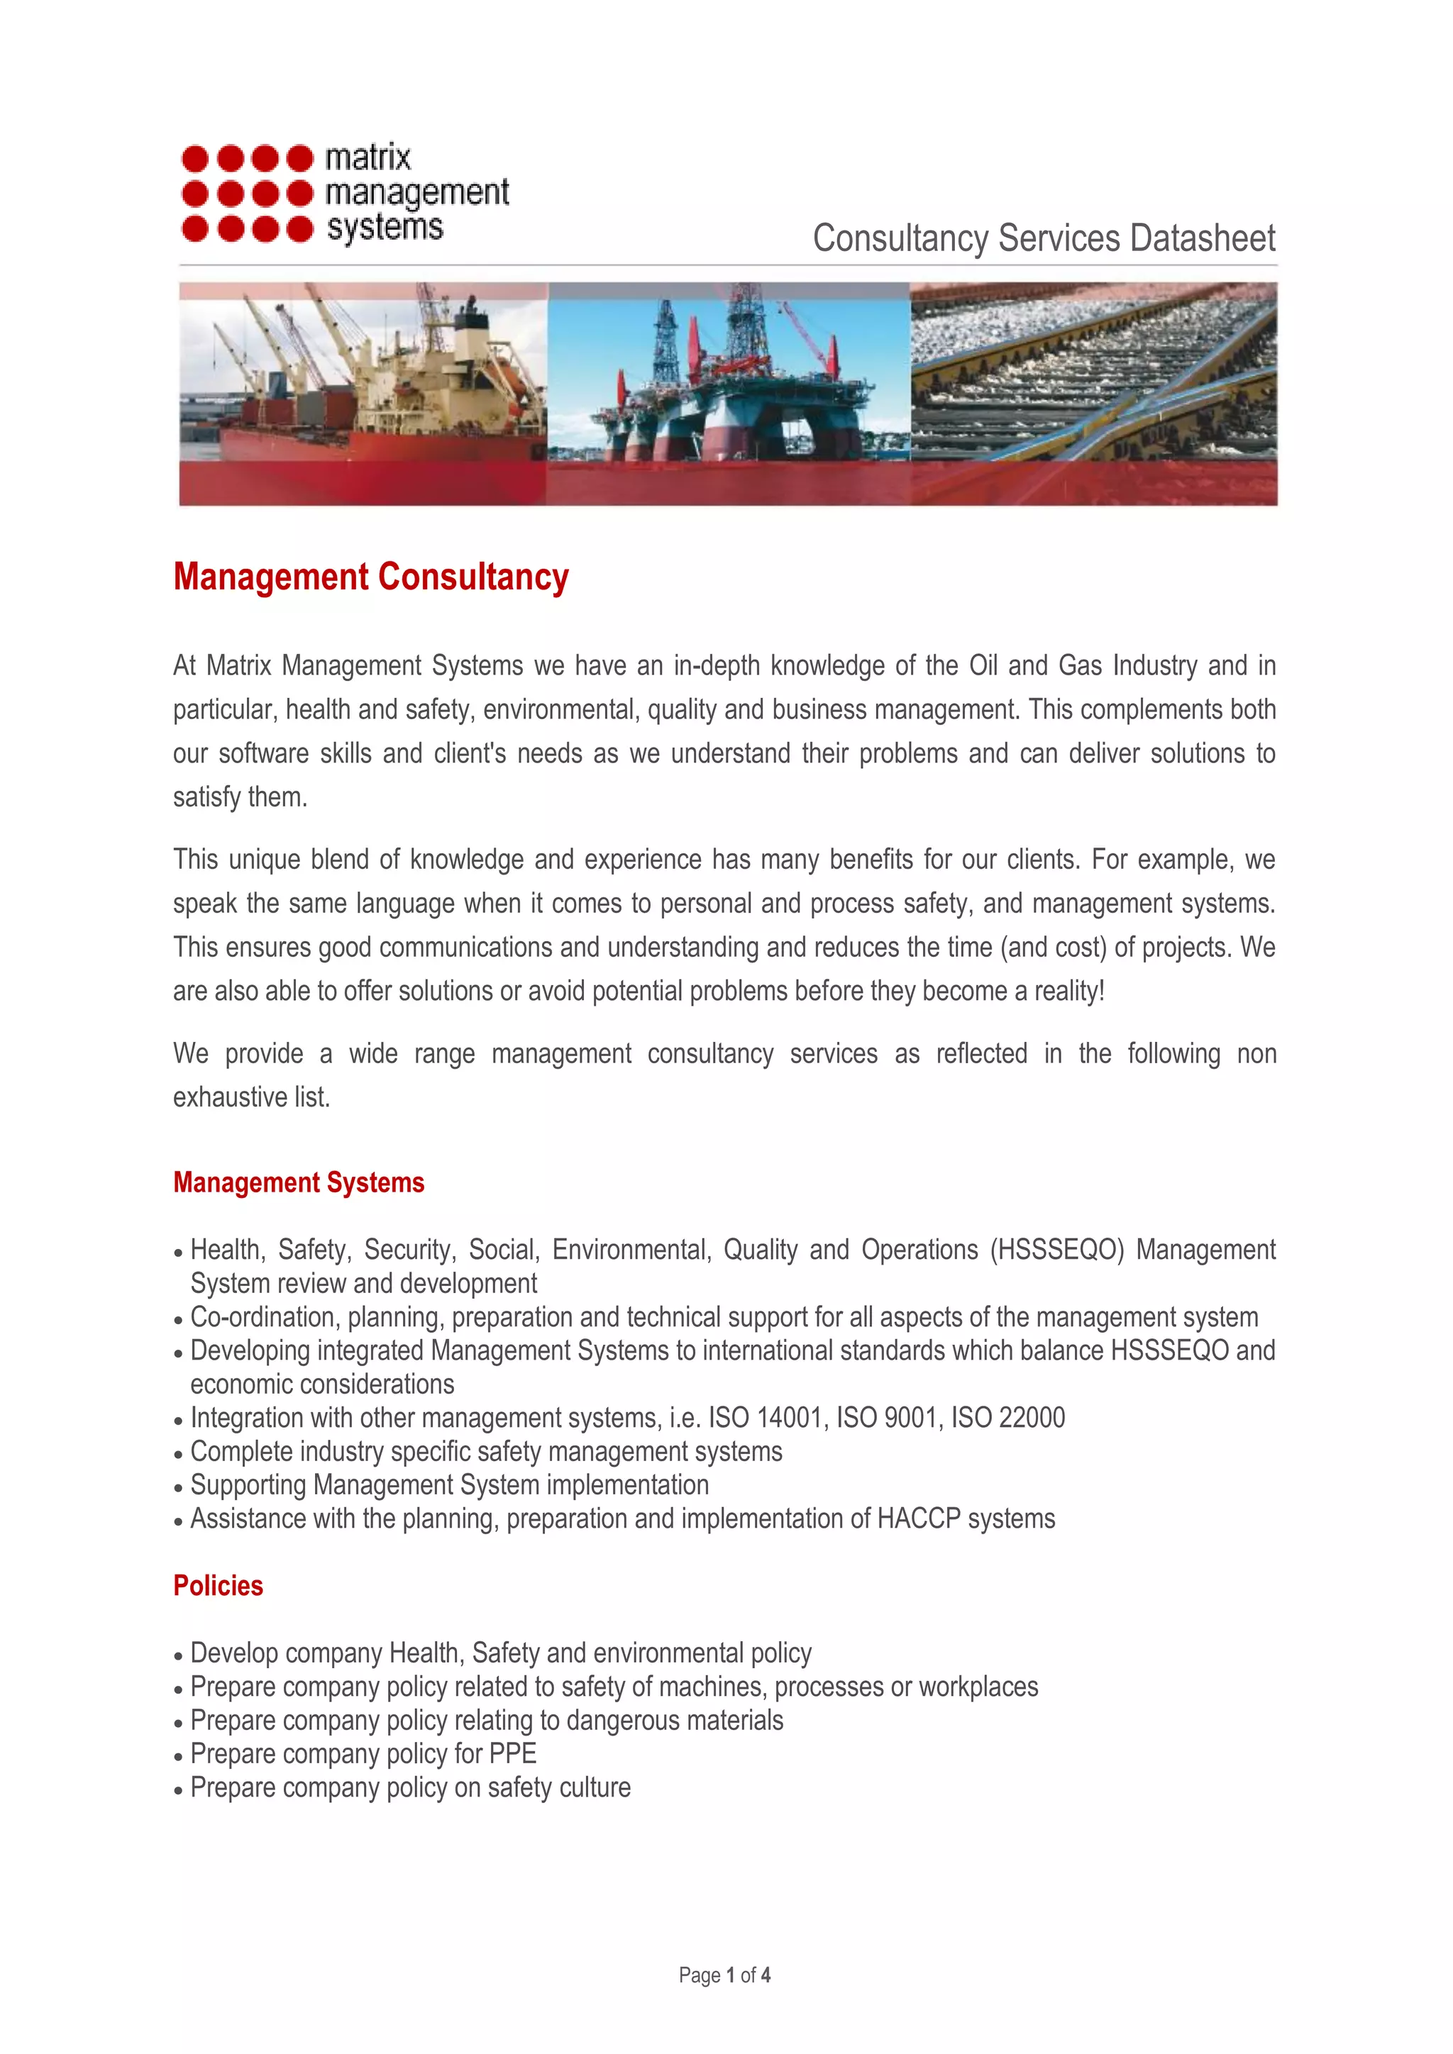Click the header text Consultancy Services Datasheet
coord(1043,239)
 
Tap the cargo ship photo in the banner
coord(363,394)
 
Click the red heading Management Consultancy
coord(370,577)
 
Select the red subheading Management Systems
coord(299,1182)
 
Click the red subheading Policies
coord(219,1586)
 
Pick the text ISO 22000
coord(1007,1418)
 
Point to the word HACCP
coord(918,1519)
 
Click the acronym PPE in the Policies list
coord(513,1754)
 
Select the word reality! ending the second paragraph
coord(1069,992)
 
